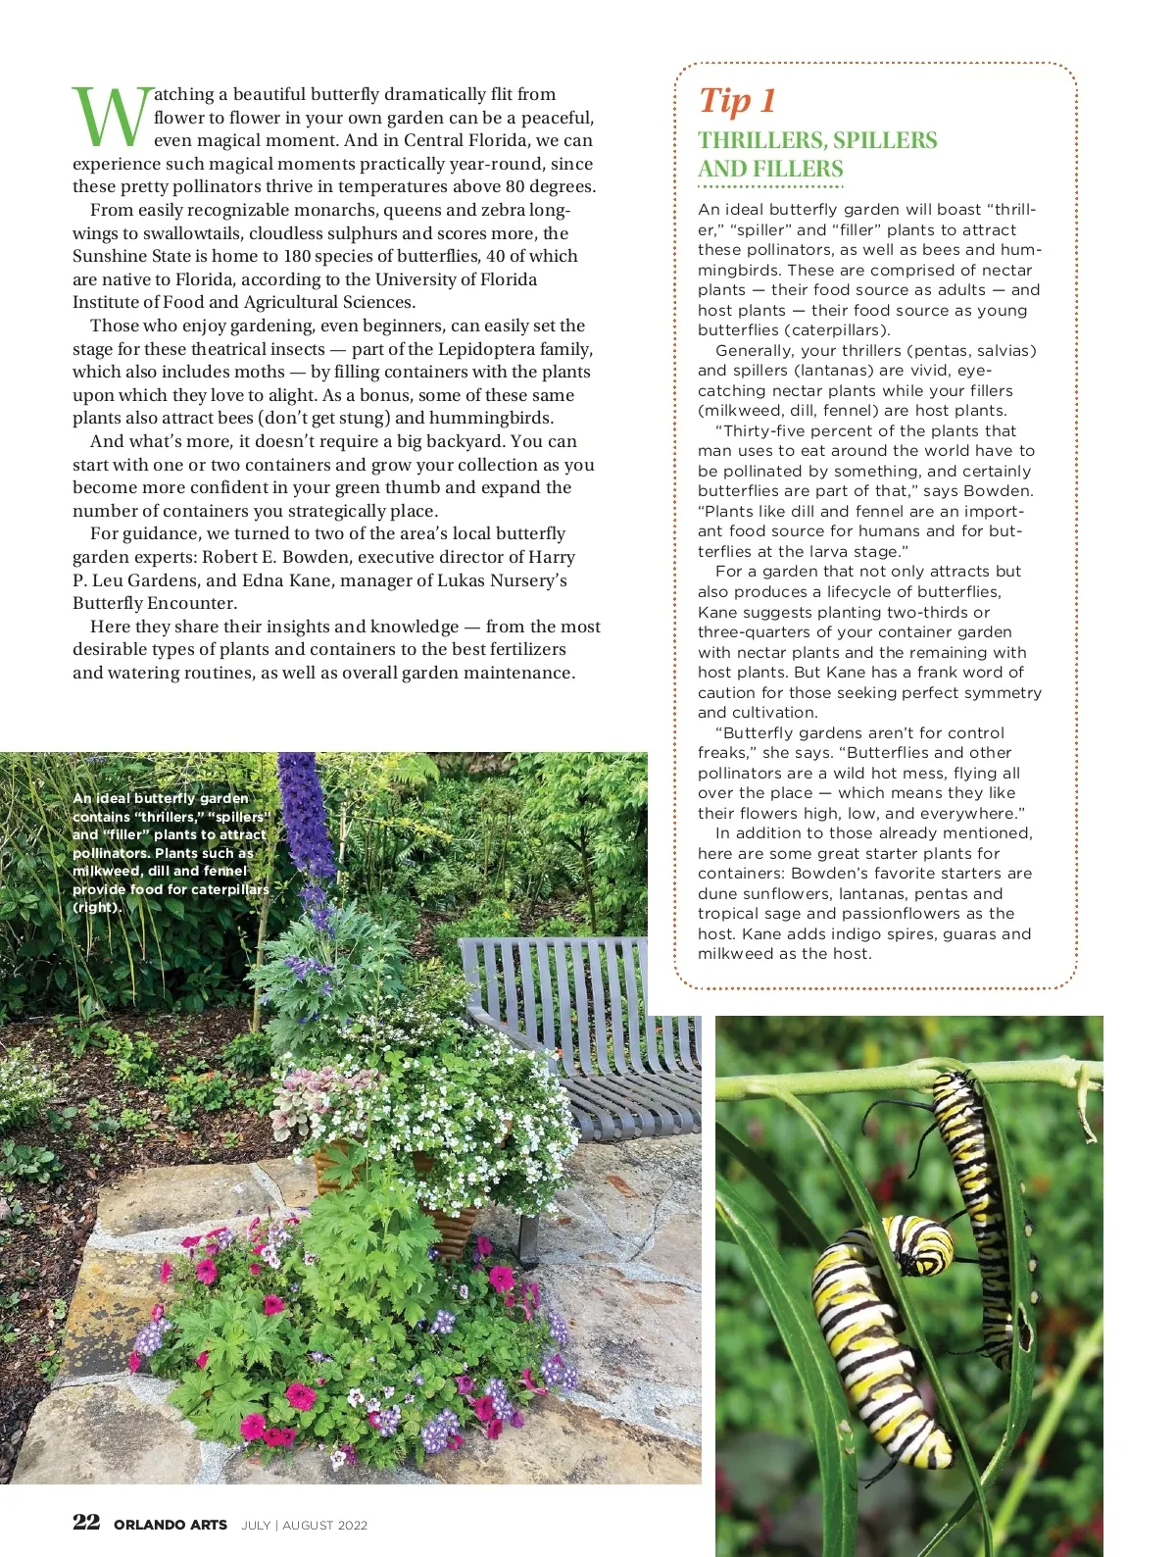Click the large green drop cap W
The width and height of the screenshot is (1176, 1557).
coord(111,118)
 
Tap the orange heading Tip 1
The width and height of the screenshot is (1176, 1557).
coord(737,101)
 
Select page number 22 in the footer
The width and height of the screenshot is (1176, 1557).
coord(86,1522)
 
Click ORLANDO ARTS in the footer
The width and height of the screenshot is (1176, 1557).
coord(171,1525)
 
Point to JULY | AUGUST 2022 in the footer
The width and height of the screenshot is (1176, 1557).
coord(304,1525)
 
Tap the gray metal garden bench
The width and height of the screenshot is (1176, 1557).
coord(588,1030)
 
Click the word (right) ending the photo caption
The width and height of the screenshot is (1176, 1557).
coord(97,907)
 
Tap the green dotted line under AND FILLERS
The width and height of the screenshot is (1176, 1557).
coord(770,186)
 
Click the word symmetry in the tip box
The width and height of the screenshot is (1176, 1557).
coord(997,693)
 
